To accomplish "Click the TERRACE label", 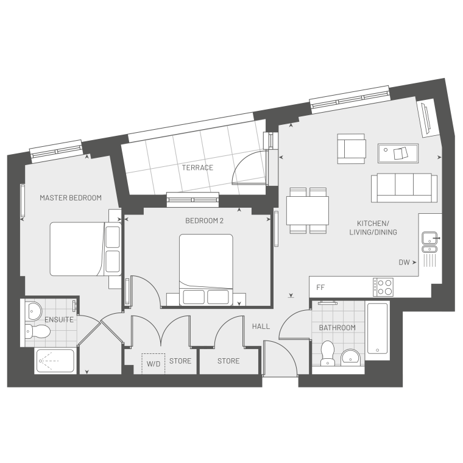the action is [x=197, y=168].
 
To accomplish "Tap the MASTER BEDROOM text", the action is [x=71, y=198].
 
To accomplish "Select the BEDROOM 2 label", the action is [x=204, y=221].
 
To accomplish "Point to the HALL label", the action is [x=261, y=327].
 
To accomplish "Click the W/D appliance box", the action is [x=154, y=364].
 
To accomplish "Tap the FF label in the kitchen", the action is [x=320, y=288].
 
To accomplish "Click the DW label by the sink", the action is [x=405, y=262].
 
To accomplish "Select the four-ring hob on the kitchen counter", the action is [x=383, y=288].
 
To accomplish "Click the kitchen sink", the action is [x=429, y=242].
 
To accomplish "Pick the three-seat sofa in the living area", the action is [x=405, y=188].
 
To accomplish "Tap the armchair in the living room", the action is [x=352, y=149].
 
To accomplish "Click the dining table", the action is [x=308, y=211].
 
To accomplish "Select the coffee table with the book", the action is [x=398, y=154].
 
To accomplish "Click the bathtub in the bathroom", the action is [x=377, y=328].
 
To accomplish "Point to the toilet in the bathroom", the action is [x=327, y=353].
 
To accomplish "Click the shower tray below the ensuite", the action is [x=55, y=361].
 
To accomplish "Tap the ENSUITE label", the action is [x=59, y=319].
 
